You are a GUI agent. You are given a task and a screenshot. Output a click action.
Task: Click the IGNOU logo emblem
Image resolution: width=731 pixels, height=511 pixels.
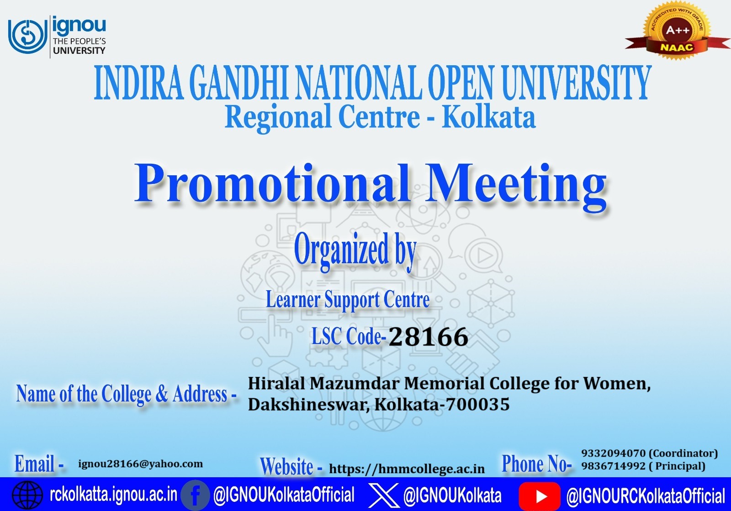tap(27, 36)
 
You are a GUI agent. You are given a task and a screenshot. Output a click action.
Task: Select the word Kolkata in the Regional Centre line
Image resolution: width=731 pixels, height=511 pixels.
tap(488, 117)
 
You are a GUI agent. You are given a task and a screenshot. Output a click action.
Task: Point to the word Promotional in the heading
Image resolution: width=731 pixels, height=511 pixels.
tap(272, 183)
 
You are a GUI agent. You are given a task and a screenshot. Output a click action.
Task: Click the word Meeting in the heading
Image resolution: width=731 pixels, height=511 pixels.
tap(516, 183)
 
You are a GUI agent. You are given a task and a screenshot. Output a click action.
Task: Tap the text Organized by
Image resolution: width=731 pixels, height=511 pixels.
tap(355, 250)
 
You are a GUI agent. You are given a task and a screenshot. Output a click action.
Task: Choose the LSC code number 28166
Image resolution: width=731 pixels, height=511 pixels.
tap(428, 337)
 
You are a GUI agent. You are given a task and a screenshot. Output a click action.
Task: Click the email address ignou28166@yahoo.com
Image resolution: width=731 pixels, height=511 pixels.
tap(141, 464)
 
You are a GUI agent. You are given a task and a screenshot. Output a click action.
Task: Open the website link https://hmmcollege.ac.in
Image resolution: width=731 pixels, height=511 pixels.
tap(407, 469)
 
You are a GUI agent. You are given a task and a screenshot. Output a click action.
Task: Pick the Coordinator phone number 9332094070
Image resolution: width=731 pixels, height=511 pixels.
tap(613, 454)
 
